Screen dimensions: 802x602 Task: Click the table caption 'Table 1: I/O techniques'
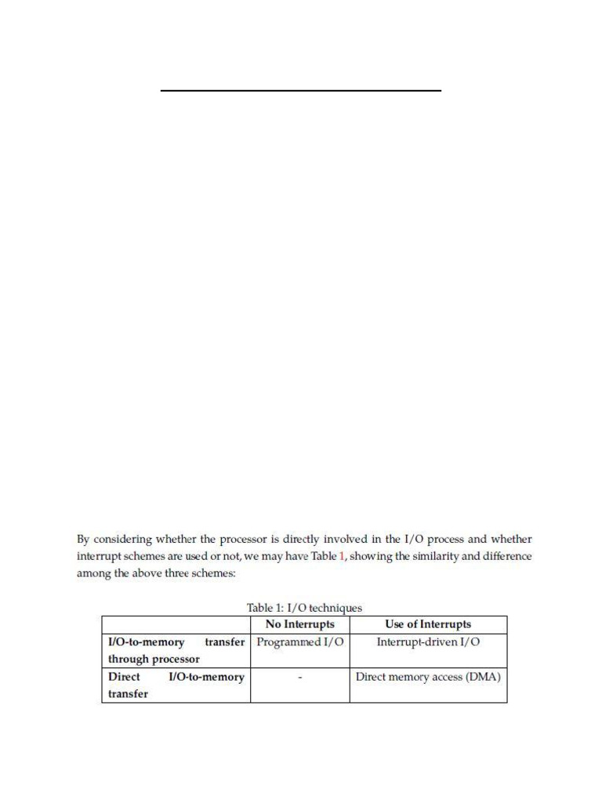pyautogui.click(x=304, y=608)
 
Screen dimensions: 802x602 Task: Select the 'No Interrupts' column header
pyautogui.click(x=299, y=624)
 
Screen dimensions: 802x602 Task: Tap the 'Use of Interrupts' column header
pyautogui.click(x=428, y=624)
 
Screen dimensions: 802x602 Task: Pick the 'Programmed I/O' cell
pyautogui.click(x=299, y=642)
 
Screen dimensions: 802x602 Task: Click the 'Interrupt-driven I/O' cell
pyautogui.click(x=428, y=642)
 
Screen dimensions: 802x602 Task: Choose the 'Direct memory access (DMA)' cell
pyautogui.click(x=428, y=677)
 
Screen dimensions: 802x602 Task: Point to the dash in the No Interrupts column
pyautogui.click(x=300, y=677)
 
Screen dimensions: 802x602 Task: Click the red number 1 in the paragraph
pyautogui.click(x=341, y=556)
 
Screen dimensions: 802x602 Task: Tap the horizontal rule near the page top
pyautogui.click(x=301, y=91)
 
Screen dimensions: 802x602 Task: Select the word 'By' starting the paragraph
pyautogui.click(x=83, y=540)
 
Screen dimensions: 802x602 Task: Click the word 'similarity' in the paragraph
pyautogui.click(x=430, y=556)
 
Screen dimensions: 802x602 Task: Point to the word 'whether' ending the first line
pyautogui.click(x=512, y=540)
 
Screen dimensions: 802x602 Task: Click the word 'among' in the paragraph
pyautogui.click(x=92, y=573)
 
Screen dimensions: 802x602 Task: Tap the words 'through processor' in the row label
pyautogui.click(x=154, y=659)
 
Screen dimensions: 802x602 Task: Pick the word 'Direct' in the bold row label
pyautogui.click(x=124, y=677)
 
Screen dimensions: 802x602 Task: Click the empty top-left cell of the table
pyautogui.click(x=176, y=624)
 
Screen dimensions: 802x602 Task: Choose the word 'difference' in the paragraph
pyautogui.click(x=506, y=556)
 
